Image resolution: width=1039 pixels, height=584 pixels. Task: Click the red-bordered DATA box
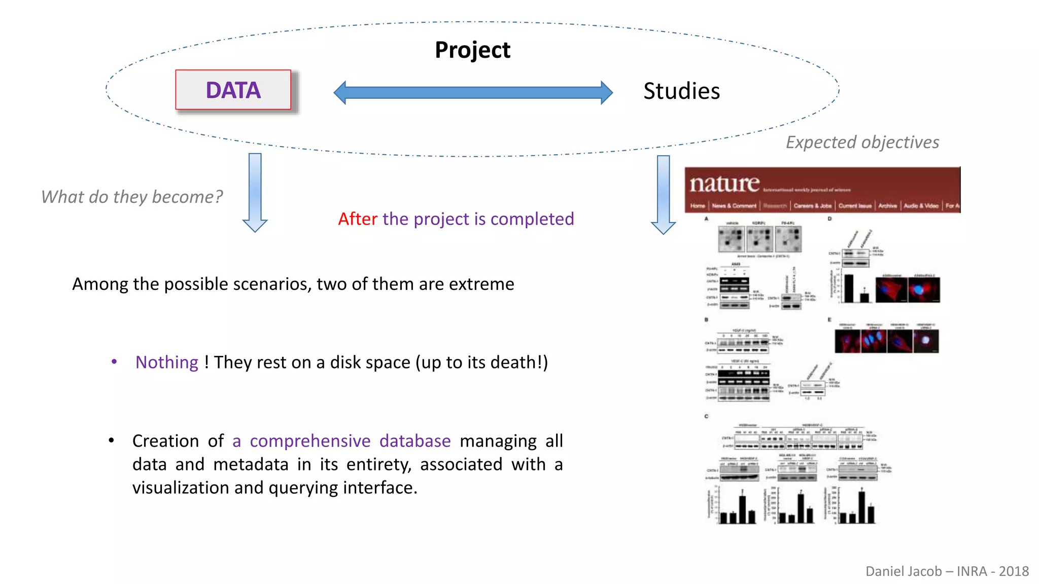(x=233, y=90)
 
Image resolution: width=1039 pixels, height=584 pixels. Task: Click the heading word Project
(x=472, y=50)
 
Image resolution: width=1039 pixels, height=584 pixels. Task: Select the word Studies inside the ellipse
(x=681, y=91)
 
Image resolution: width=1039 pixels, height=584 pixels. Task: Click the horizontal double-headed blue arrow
(x=473, y=93)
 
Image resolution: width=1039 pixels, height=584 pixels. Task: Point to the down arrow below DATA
(x=255, y=192)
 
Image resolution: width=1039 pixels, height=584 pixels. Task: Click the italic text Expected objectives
(x=862, y=142)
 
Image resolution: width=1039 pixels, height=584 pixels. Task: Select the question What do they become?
(x=132, y=197)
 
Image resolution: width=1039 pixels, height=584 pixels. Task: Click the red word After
(x=358, y=219)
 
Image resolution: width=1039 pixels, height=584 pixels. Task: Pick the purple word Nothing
(x=166, y=362)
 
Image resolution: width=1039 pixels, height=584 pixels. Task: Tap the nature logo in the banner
(x=724, y=184)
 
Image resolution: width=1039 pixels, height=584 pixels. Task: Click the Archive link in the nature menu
(x=887, y=206)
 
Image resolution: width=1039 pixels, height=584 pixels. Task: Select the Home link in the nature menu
(x=698, y=206)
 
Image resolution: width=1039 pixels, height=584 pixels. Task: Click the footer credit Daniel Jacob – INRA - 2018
(x=947, y=571)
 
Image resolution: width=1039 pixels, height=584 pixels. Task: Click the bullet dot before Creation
(x=111, y=441)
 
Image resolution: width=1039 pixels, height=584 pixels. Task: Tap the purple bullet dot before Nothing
(x=114, y=362)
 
